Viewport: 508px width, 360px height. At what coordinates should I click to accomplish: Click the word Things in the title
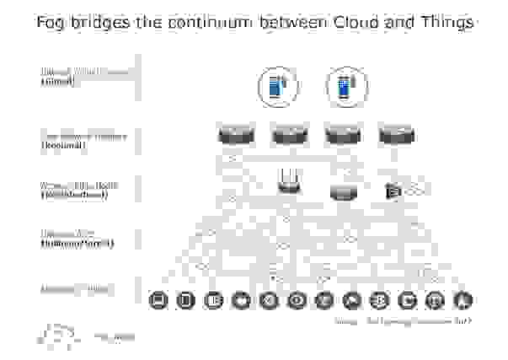446,23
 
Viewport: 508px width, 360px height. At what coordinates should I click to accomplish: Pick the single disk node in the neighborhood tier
342,193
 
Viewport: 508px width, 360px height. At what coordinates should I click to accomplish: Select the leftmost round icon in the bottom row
156,299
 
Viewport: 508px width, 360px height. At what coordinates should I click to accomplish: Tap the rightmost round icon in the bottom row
462,299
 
